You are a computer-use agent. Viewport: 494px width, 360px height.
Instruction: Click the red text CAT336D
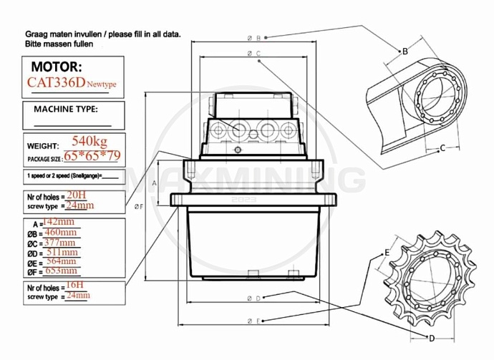56,82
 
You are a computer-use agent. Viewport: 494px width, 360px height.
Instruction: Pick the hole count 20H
76,194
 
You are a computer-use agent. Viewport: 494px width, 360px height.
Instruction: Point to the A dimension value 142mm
59,223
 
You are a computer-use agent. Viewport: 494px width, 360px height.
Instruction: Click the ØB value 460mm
61,233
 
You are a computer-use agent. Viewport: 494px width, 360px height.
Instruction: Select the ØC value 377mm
61,242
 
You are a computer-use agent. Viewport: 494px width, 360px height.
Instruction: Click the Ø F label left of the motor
139,207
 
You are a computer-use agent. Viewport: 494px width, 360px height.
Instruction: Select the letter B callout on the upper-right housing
405,51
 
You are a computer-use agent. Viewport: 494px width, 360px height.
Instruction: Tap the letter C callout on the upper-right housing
443,148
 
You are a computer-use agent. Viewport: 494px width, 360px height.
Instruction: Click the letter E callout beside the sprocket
387,253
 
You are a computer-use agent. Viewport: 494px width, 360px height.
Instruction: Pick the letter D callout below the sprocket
431,337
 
